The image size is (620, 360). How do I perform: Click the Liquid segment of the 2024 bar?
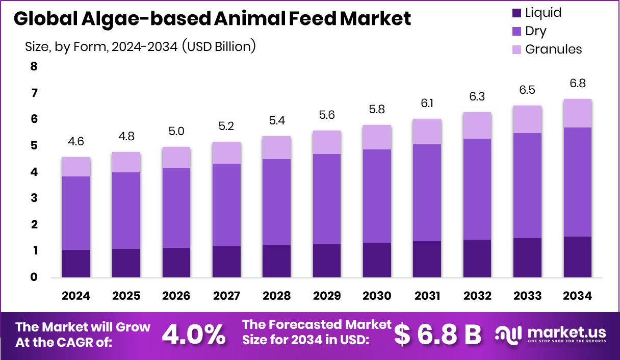(76, 264)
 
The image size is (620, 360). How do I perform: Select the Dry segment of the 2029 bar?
(327, 199)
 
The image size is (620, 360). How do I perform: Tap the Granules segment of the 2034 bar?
(577, 113)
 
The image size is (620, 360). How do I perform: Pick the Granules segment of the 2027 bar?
(226, 152)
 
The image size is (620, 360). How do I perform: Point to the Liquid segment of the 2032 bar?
(477, 259)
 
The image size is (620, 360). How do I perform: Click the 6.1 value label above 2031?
(427, 103)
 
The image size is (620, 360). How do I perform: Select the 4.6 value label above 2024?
(76, 141)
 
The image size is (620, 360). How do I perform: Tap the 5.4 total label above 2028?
(277, 120)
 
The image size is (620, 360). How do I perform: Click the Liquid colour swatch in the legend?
(516, 13)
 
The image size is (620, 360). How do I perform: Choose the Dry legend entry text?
(535, 31)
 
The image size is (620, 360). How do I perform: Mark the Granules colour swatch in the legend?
(516, 49)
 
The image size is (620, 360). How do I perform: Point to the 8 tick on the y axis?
(34, 67)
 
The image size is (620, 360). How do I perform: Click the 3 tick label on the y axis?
(34, 198)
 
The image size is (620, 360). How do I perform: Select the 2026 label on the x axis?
(176, 296)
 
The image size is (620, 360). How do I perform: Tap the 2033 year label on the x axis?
(527, 296)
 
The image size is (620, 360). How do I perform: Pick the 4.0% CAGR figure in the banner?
(194, 335)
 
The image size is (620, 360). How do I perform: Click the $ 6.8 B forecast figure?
(438, 335)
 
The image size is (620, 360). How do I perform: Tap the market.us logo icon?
(508, 335)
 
